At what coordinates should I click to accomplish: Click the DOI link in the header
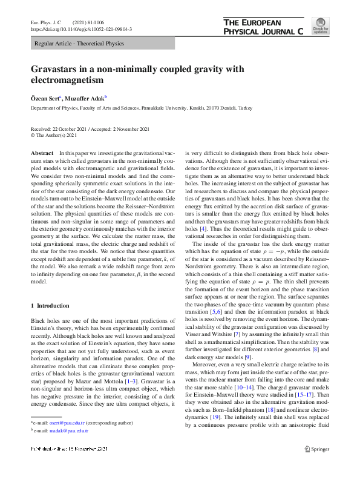81,29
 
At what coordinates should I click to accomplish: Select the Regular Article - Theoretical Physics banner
79,44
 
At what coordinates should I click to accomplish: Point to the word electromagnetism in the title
68,80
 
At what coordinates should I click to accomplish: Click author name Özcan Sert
45,97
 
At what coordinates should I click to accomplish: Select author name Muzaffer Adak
85,97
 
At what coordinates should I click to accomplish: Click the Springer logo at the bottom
316,465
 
